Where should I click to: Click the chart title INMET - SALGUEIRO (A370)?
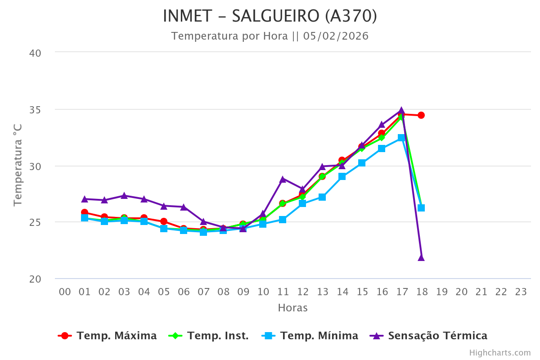[x=270, y=16]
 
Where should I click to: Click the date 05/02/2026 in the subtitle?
[x=336, y=36]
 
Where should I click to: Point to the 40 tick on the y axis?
[x=35, y=53]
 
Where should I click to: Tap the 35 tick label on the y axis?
[x=35, y=110]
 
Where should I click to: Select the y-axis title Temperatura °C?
[x=18, y=166]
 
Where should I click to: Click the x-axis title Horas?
[x=292, y=308]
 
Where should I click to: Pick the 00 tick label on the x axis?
[x=65, y=292]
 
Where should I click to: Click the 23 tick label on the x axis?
[x=521, y=292]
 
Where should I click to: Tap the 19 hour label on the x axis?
[x=441, y=292]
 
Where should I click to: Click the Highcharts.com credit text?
[x=500, y=353]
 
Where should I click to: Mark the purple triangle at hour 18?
[x=421, y=258]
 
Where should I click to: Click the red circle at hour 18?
[x=421, y=115]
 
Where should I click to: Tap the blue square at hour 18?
[x=421, y=208]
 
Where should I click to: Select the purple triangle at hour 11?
[x=283, y=179]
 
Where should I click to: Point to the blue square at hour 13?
[x=322, y=197]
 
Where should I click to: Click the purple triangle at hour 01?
[x=85, y=199]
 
